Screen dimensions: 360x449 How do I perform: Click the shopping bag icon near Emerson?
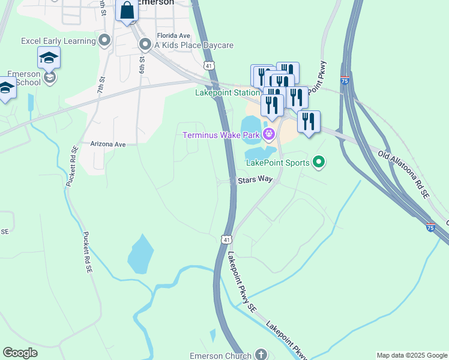click(127, 10)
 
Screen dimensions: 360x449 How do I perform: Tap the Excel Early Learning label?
click(58, 41)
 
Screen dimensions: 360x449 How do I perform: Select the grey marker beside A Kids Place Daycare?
click(145, 45)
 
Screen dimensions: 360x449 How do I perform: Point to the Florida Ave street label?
click(173, 35)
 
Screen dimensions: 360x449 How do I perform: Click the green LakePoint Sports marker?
click(319, 162)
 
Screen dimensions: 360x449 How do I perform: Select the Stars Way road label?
click(255, 180)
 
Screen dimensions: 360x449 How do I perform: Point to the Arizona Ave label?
click(108, 145)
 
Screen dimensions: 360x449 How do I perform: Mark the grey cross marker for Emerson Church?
click(261, 355)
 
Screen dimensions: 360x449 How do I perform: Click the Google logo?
click(20, 353)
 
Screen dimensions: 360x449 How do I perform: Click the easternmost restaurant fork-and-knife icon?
click(309, 121)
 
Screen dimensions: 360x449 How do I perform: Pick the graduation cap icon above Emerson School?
click(49, 58)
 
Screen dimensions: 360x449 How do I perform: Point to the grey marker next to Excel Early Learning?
click(105, 41)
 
